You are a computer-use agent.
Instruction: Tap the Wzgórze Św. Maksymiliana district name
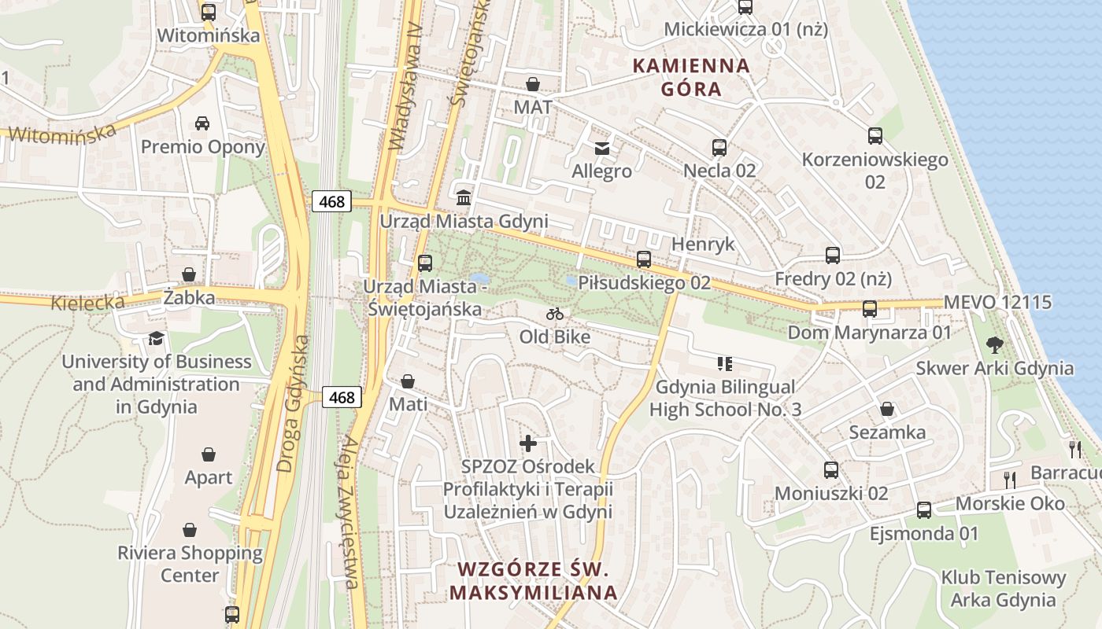click(x=534, y=580)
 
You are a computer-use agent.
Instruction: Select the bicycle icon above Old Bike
click(x=555, y=314)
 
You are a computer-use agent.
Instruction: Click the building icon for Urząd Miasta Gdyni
click(x=464, y=196)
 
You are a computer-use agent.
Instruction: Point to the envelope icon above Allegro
click(x=602, y=148)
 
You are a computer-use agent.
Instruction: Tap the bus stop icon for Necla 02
click(x=719, y=147)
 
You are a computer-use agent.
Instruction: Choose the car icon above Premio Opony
click(x=202, y=123)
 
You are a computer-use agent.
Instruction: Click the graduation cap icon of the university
click(x=156, y=338)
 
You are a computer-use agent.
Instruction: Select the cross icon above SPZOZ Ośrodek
click(x=527, y=443)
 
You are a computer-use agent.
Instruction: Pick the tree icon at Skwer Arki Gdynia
click(x=995, y=344)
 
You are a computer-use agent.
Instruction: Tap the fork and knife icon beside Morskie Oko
click(x=1010, y=479)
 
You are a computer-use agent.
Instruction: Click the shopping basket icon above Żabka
click(x=189, y=274)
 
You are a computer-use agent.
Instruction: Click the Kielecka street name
click(x=88, y=302)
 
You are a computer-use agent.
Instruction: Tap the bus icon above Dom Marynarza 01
click(x=869, y=309)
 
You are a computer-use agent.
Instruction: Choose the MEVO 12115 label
click(x=997, y=302)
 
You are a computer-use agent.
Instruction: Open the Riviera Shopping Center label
click(x=190, y=564)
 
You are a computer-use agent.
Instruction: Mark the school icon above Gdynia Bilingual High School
click(x=725, y=363)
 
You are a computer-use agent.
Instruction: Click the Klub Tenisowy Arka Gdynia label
click(x=1004, y=589)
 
